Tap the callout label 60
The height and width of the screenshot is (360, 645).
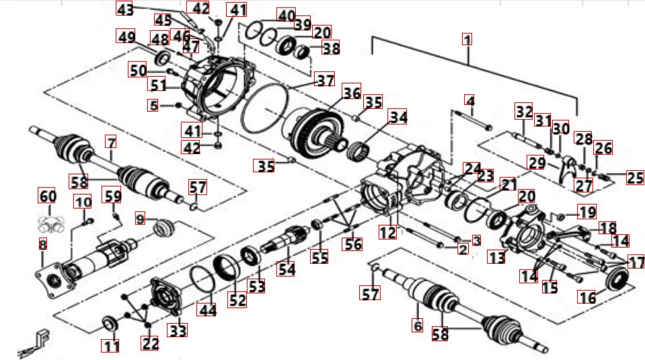coord(46,196)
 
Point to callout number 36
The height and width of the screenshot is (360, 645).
coord(351,92)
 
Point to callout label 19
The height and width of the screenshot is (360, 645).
coord(587,212)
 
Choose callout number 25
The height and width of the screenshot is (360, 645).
coord(634,178)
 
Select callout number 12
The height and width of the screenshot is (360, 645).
coord(387,233)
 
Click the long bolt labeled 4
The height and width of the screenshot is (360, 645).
coord(474,124)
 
